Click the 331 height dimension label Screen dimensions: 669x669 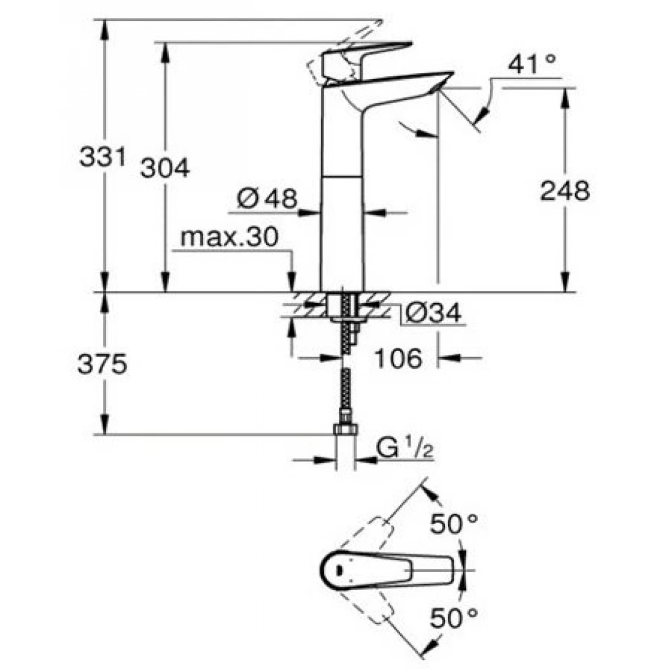point(102,157)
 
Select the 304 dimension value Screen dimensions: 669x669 point(164,168)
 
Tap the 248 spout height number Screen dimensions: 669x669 point(564,191)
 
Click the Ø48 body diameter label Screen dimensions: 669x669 point(267,198)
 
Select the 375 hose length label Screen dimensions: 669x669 point(102,365)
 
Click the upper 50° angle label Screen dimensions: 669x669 point(454,524)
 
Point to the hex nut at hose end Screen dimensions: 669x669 point(345,430)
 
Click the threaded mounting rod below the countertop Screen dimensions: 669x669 point(352,325)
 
